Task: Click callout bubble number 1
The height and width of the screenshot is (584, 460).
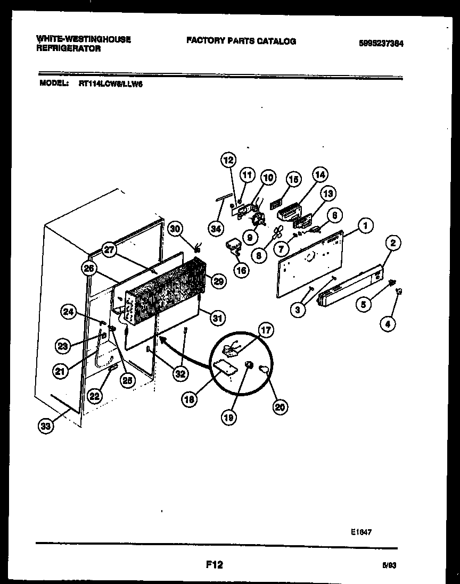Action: point(365,226)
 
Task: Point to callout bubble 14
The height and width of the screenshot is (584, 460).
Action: point(320,174)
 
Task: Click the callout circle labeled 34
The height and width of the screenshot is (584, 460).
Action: point(215,229)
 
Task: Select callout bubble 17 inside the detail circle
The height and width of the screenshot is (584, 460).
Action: point(266,330)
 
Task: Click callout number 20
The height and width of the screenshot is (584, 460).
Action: point(280,407)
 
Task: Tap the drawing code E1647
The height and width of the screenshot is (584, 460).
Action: point(361,531)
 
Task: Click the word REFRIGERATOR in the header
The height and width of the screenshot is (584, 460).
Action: point(68,48)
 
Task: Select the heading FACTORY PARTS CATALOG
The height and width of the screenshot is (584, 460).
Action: point(241,41)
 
